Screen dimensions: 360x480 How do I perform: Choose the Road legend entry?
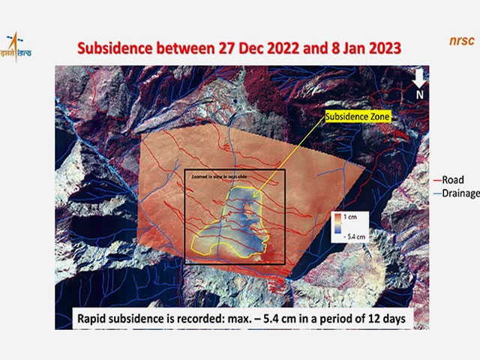452,180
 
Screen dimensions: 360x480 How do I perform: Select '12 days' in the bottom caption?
389,317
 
